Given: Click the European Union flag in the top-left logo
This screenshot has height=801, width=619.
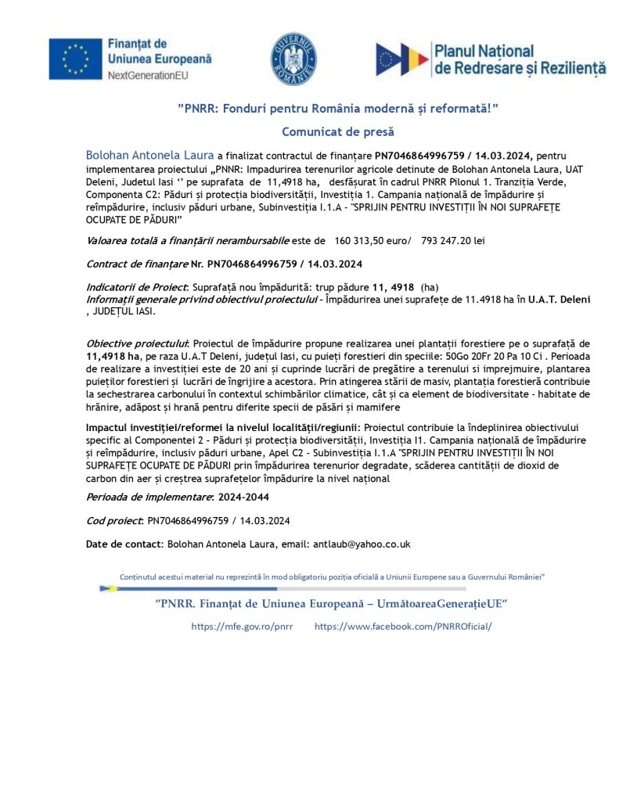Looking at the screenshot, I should pos(75,59).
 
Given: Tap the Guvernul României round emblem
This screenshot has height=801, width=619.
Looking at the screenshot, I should pos(293,59).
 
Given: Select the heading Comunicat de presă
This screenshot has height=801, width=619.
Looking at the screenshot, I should pos(338,132).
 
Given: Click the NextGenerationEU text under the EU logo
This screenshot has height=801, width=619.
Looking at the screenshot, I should pos(148,76).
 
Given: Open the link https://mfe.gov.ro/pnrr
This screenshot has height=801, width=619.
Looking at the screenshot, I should pos(242,626).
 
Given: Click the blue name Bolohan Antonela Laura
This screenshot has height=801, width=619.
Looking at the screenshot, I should pos(149,156).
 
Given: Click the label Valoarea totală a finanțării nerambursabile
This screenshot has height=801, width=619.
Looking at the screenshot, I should pos(188,239).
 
